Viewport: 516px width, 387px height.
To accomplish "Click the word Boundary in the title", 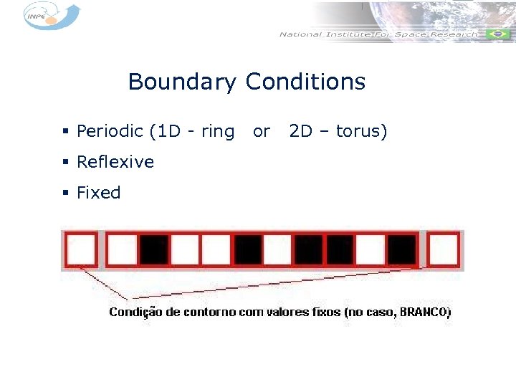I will (x=181, y=82).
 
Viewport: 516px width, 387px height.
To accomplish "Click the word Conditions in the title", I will (x=305, y=82).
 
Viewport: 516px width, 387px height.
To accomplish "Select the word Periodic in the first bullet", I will (x=110, y=132).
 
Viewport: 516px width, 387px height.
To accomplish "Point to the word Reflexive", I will (x=115, y=162).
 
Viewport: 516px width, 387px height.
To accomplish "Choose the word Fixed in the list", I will (x=99, y=193).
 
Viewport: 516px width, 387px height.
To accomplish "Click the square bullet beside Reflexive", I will (x=65, y=163).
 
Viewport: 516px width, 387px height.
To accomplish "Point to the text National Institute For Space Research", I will (x=378, y=34).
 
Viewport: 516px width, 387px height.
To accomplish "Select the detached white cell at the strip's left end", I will (x=80, y=249).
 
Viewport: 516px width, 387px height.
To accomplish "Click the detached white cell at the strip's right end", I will (x=444, y=249).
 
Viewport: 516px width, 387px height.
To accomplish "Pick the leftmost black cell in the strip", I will (x=154, y=249).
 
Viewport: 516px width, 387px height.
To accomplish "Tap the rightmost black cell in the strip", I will (x=401, y=249).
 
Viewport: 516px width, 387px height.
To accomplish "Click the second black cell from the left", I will (x=248, y=249).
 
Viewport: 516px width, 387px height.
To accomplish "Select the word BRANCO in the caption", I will (x=425, y=312).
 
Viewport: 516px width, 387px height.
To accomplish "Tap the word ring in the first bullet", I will (x=218, y=132).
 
